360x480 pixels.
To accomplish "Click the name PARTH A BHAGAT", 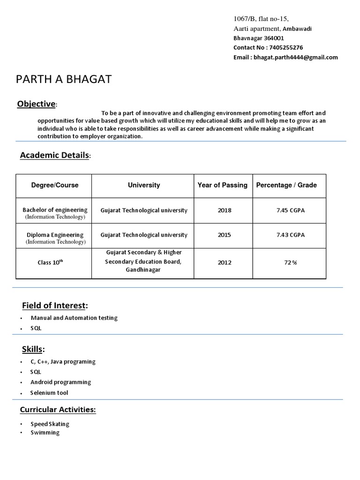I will tap(64, 79).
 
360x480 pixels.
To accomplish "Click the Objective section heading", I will tap(37, 104).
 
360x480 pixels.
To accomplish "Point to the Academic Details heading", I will tap(54, 156).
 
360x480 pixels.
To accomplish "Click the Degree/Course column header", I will tap(55, 185).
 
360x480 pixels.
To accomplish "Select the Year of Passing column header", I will tap(222, 185).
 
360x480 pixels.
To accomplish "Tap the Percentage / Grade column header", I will tap(286, 185).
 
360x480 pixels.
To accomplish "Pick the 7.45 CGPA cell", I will tap(290, 210).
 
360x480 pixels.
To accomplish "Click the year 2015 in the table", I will tap(224, 235).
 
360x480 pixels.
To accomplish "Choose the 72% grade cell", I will tap(290, 262).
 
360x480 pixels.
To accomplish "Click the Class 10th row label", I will tap(50, 262).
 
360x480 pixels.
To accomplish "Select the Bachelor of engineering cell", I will tap(55, 210).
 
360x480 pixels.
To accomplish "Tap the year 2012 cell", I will tap(224, 262).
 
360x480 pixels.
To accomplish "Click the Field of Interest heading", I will tap(55, 306).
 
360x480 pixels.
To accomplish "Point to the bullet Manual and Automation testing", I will tap(74, 318).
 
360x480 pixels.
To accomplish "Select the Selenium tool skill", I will tap(49, 393).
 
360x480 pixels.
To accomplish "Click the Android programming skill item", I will tap(60, 382).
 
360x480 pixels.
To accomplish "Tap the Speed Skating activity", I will tap(50, 424).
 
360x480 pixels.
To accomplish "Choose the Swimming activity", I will tap(45, 433).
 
